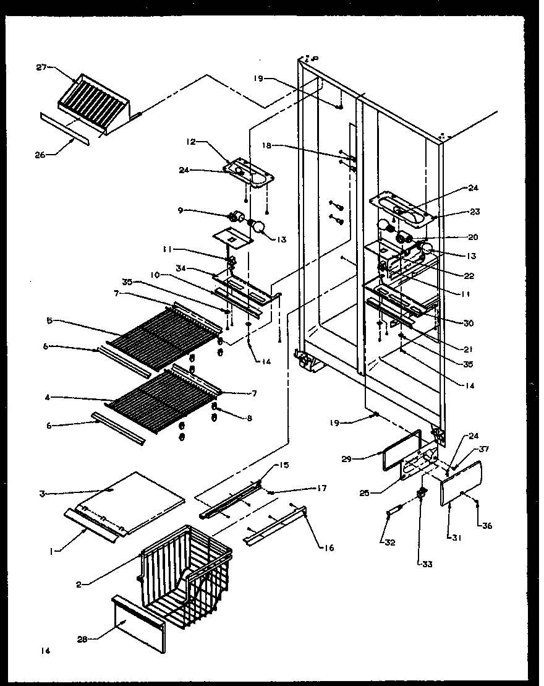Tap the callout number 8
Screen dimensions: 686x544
click(x=249, y=419)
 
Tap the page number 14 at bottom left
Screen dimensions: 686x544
click(x=44, y=651)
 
